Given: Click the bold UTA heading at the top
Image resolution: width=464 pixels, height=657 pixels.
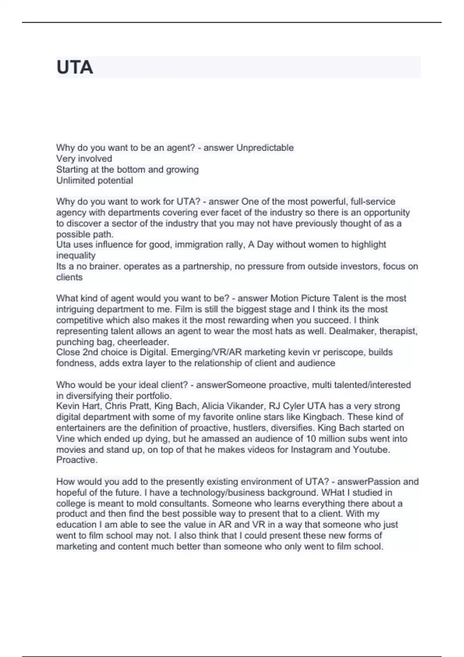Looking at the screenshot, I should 75,67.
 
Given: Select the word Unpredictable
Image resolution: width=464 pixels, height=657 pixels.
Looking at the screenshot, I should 265,148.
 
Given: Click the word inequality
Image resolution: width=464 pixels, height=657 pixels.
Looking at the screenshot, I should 76,255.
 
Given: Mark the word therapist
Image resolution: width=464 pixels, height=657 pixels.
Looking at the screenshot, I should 398,331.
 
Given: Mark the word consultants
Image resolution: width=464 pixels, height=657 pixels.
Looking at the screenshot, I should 184,504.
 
